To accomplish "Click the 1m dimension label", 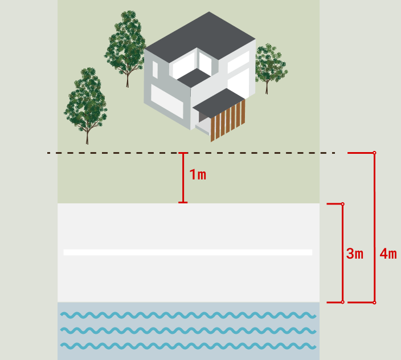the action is pos(198,175).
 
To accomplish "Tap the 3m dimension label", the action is pos(355,253).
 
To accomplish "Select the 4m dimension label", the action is pos(388,253).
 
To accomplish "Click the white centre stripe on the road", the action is pos(188,252).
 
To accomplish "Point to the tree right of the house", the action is pos(270,68).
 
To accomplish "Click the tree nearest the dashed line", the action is pos(86,105).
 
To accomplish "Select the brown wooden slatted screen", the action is pos(228,121).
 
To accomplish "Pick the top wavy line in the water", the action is pos(189,315).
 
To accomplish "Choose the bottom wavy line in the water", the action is pos(189,346).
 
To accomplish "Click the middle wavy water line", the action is pos(189,330).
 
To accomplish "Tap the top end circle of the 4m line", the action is pos(374,153).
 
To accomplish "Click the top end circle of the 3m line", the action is pos(343,204).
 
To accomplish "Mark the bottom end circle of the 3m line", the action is pos(343,302).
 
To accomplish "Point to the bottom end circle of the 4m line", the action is pos(374,302).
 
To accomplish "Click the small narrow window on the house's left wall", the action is pos(155,69).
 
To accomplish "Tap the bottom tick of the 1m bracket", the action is pos(183,203).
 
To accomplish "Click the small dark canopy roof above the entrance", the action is pos(219,103).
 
